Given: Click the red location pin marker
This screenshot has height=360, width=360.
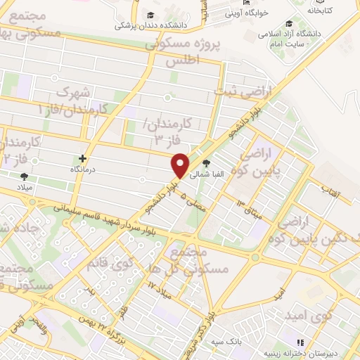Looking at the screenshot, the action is tap(181, 165).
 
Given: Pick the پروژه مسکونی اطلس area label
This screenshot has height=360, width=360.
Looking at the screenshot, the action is tap(183, 52).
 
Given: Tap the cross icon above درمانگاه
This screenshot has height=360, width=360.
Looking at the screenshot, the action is tap(83, 159).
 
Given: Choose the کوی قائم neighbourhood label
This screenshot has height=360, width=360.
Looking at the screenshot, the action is tap(108, 264).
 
